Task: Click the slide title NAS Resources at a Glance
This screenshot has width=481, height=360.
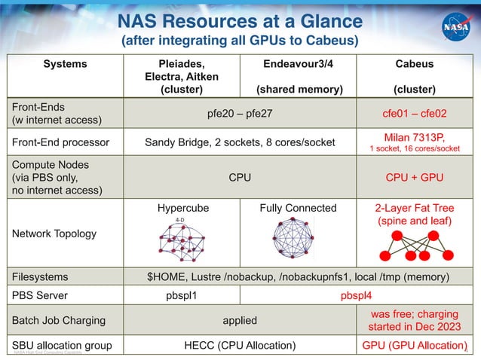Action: click(240, 20)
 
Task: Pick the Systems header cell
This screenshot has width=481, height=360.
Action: click(65, 64)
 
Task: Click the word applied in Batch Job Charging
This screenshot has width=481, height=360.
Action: click(239, 320)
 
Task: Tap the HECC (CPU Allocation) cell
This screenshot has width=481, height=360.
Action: click(239, 346)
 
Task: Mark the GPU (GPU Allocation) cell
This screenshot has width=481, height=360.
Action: click(415, 346)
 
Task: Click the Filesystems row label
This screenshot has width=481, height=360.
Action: click(37, 276)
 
